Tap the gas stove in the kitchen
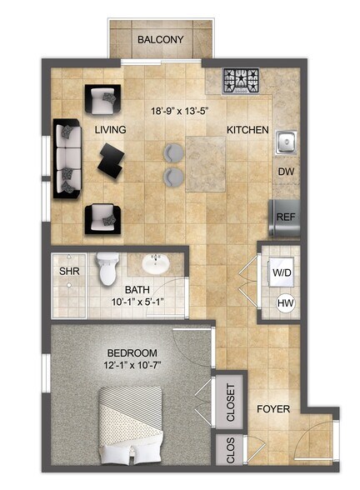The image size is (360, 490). click(x=242, y=81)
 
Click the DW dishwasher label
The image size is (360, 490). click(x=284, y=172)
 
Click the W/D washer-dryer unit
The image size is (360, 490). click(x=279, y=272)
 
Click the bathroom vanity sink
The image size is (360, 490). click(x=155, y=264)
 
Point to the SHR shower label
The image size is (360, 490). click(x=67, y=271)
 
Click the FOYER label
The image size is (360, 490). click(x=272, y=410)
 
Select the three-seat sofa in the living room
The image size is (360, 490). click(x=67, y=158)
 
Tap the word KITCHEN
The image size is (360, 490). click(x=247, y=130)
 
